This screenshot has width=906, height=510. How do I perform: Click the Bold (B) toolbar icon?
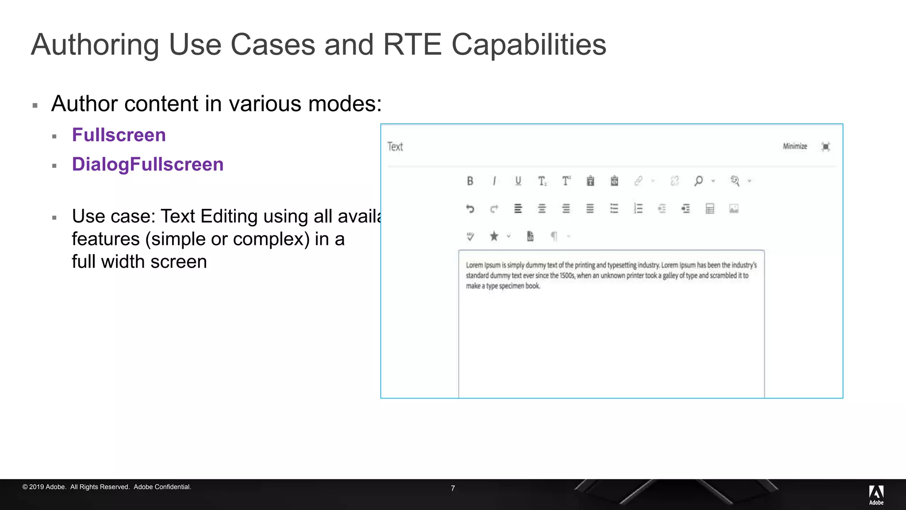pos(470,181)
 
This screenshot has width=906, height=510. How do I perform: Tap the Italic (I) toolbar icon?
pos(494,181)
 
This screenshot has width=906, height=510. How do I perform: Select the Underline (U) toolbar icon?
pos(518,181)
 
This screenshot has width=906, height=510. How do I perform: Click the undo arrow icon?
pos(470,209)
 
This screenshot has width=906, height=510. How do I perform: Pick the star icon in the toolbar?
pos(494,236)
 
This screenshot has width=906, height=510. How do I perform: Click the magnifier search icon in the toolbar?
pos(699,181)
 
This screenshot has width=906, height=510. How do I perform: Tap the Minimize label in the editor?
pos(795,147)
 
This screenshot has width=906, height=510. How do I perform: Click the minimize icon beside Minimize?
pos(825,147)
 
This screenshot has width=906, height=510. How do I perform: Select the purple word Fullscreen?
pos(119,135)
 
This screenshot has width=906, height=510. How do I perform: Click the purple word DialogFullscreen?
pos(148,164)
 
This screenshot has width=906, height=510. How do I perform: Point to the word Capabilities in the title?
pos(529,45)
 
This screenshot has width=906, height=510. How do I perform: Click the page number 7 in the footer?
pos(453,488)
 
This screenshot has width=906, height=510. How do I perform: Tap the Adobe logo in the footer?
pos(876,495)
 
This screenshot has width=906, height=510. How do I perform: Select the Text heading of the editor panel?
pos(395,147)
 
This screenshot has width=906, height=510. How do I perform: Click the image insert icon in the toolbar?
pos(734,209)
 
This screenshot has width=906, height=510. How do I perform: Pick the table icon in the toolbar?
pos(710,209)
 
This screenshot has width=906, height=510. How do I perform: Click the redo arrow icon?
pos(494,209)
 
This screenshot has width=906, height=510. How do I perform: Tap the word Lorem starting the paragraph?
pos(474,265)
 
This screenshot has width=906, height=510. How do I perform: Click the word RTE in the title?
pos(412,45)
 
